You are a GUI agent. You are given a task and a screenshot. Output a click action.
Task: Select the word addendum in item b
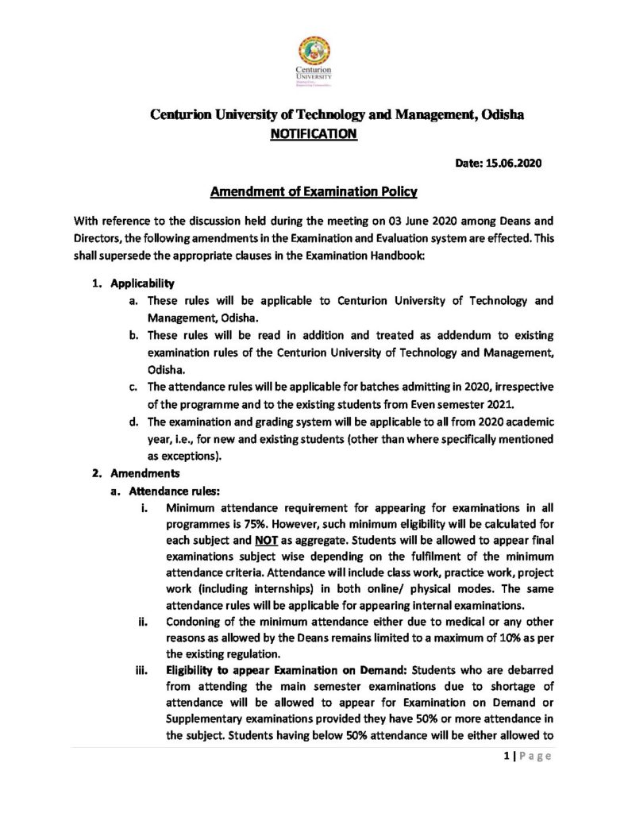452,334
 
